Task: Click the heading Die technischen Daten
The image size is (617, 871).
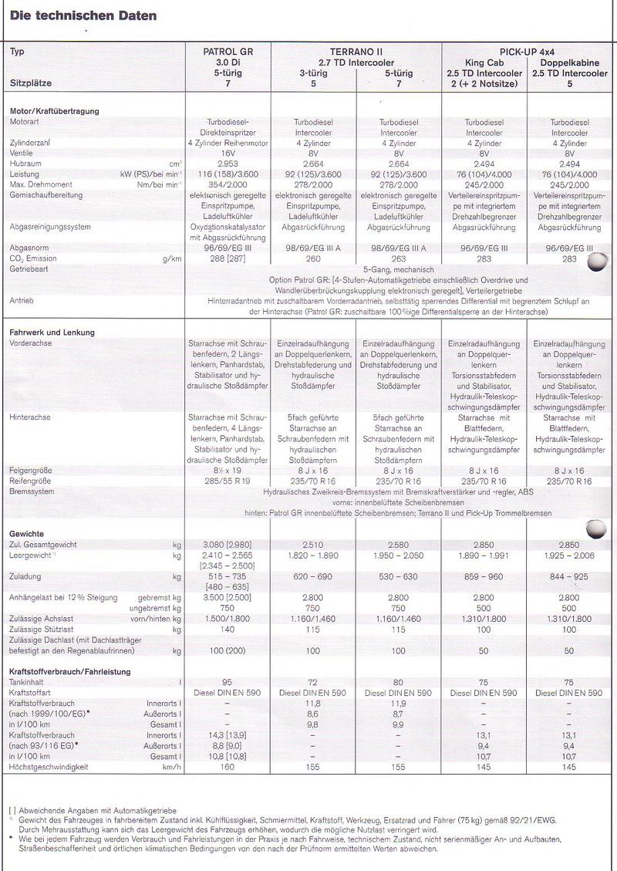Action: click(83, 15)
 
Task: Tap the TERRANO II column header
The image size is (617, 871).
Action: click(356, 52)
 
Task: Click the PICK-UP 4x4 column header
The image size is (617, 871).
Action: click(528, 52)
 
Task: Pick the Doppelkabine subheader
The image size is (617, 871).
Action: click(571, 63)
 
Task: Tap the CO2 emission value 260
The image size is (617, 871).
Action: click(312, 258)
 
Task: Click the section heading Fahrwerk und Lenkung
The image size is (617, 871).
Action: click(52, 333)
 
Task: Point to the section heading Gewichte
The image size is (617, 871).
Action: click(27, 533)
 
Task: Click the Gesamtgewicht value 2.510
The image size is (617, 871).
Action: click(312, 545)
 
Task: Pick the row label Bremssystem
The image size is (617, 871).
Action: click(32, 491)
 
